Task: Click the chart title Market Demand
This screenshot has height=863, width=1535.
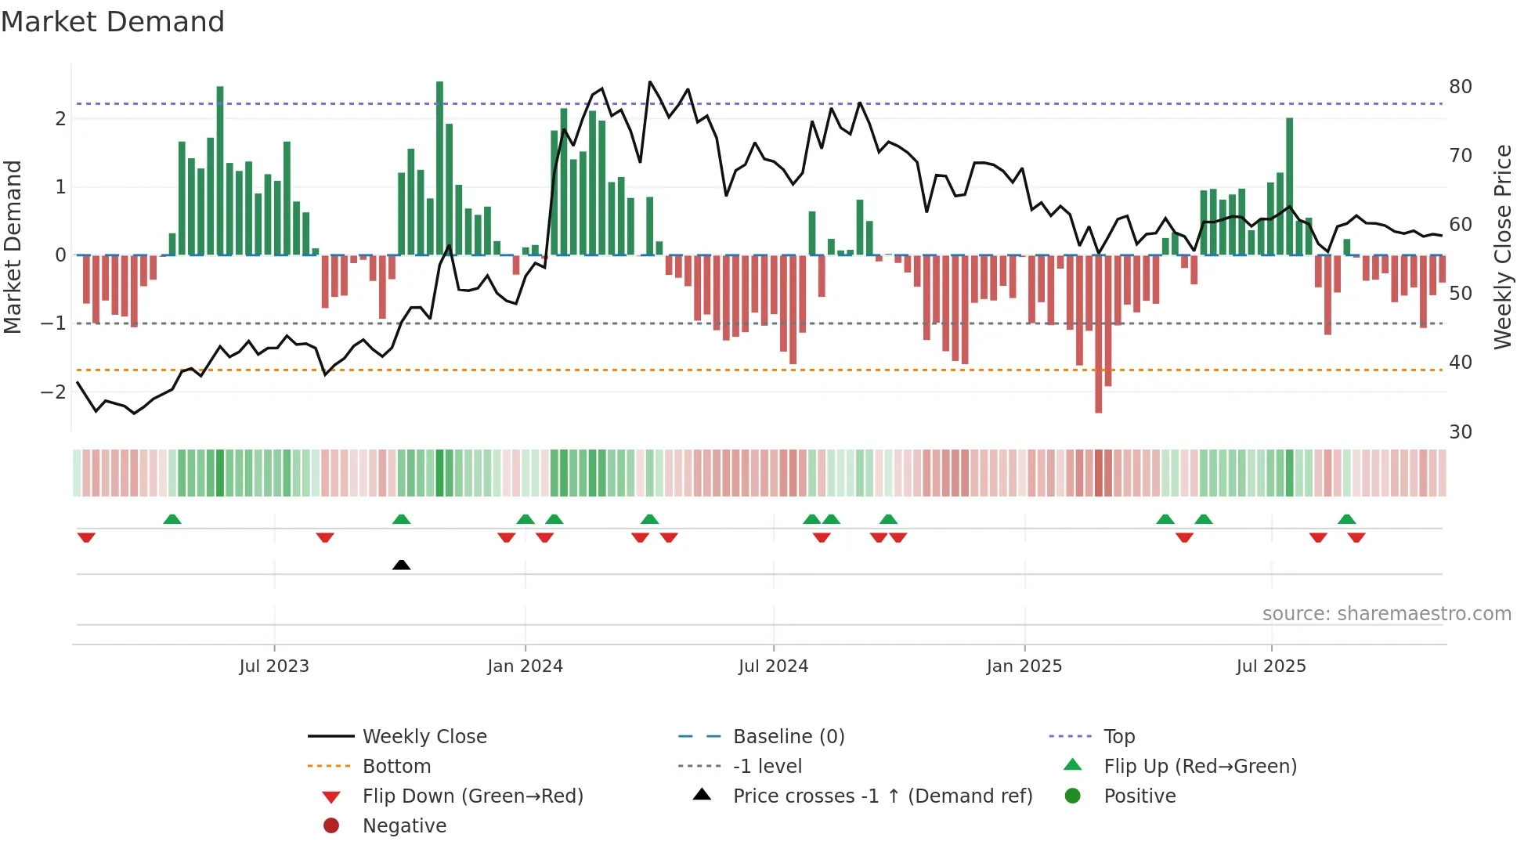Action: (113, 22)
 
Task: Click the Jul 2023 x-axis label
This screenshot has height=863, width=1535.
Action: (274, 666)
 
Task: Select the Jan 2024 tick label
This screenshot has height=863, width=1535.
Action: (525, 666)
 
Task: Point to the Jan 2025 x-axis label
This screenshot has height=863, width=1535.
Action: (1024, 666)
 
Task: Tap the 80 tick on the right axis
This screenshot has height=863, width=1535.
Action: (1460, 87)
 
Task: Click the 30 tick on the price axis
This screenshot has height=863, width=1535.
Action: (1460, 432)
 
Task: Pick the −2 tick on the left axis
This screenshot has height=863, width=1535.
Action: (54, 392)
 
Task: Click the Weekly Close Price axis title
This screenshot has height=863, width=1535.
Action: (1502, 247)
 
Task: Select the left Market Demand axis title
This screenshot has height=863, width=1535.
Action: (13, 247)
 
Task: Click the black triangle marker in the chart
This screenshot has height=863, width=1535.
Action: (401, 565)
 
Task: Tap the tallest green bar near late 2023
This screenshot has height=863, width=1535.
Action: (439, 168)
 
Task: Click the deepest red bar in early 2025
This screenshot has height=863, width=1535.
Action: (1098, 333)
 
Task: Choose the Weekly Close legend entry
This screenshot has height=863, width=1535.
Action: (424, 737)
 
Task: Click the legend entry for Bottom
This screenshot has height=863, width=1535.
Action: (396, 767)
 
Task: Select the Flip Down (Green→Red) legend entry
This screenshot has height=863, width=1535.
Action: (472, 796)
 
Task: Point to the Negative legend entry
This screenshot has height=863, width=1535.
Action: (404, 826)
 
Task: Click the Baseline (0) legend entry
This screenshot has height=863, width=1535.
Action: (788, 737)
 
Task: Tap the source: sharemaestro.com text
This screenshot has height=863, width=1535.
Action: (1386, 614)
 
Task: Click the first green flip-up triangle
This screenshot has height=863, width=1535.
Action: (172, 519)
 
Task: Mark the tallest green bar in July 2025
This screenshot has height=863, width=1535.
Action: (1289, 186)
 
